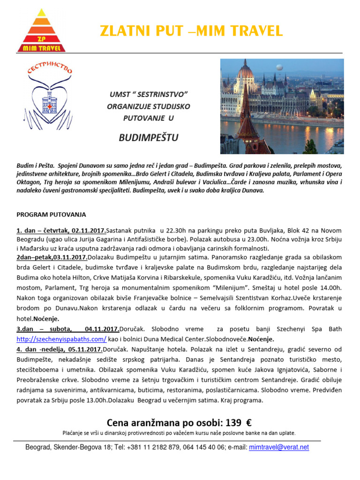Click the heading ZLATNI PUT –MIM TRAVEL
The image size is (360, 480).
pos(191,31)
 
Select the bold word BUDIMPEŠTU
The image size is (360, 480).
pos(149,137)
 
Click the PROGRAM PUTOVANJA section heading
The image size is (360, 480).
pos(51,214)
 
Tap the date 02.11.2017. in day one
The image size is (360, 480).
pos(89,231)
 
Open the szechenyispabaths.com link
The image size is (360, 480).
pos(61,338)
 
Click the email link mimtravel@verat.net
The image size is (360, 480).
pos(279,447)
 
